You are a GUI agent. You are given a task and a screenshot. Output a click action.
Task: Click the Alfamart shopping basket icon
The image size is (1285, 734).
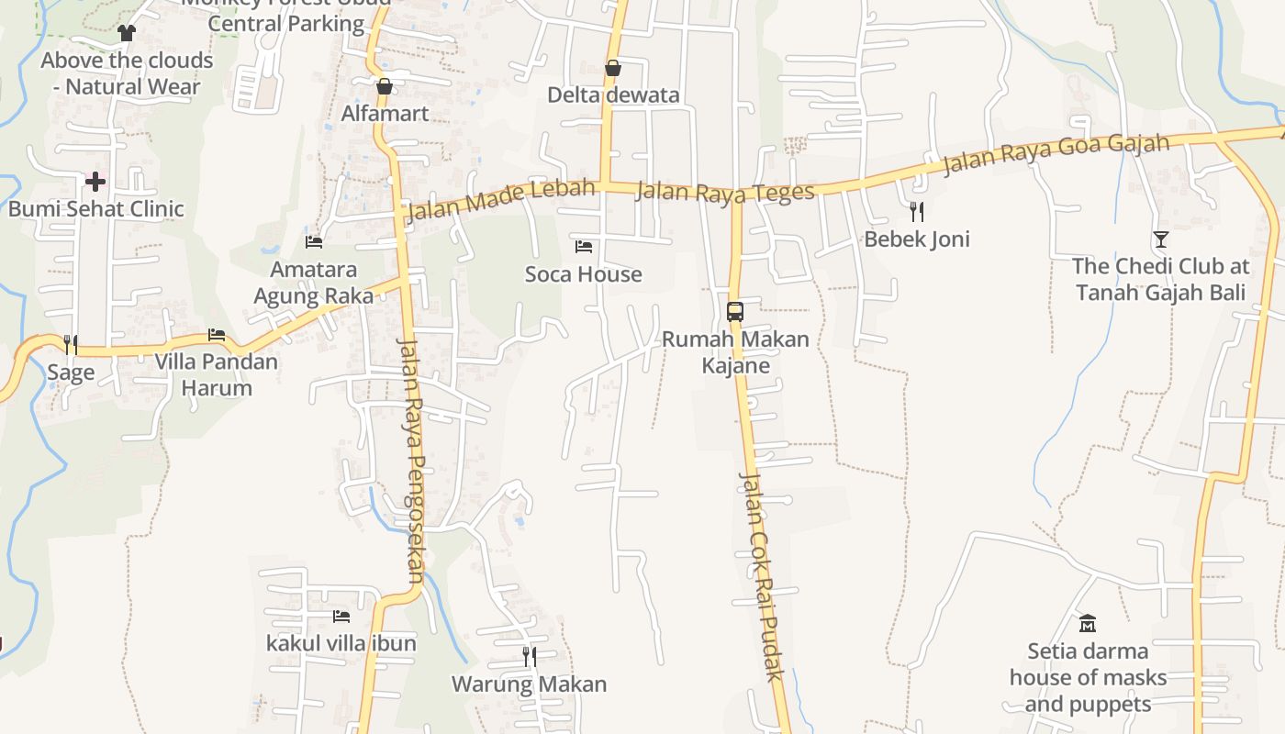click(385, 87)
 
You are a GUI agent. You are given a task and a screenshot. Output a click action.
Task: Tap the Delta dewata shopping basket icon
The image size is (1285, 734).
click(613, 68)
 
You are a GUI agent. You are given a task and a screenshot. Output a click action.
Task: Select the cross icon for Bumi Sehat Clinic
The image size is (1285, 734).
click(95, 182)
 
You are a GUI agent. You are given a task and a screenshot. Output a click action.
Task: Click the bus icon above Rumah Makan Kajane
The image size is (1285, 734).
click(735, 311)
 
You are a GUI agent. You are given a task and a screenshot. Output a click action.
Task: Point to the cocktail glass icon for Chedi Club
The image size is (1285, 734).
click(1161, 239)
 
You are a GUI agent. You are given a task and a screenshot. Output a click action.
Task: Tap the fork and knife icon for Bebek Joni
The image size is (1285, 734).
click(916, 212)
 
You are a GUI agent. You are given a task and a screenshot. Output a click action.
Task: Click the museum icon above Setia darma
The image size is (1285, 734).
click(1088, 624)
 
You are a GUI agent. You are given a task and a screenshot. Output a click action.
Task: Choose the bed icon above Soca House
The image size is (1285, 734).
click(584, 246)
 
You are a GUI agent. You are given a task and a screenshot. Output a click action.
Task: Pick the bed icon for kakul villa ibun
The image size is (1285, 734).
click(341, 616)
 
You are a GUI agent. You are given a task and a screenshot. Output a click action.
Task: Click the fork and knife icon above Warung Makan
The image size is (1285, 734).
click(530, 656)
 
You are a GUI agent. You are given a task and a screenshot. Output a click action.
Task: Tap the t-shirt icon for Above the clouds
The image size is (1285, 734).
click(127, 33)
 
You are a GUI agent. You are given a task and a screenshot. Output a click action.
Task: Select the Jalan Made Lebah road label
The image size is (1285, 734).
click(499, 200)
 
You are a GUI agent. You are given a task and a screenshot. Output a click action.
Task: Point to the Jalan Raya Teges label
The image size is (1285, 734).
click(725, 192)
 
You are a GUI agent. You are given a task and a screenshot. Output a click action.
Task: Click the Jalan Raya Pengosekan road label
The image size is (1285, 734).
click(410, 459)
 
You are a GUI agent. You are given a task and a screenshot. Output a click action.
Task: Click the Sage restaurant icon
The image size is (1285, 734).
click(71, 344)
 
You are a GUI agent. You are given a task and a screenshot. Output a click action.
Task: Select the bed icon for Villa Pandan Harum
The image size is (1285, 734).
click(217, 335)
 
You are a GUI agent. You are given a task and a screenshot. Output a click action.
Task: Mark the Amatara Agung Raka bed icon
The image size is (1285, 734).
click(314, 242)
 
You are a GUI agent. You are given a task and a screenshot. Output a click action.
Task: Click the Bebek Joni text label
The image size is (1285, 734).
click(917, 239)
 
